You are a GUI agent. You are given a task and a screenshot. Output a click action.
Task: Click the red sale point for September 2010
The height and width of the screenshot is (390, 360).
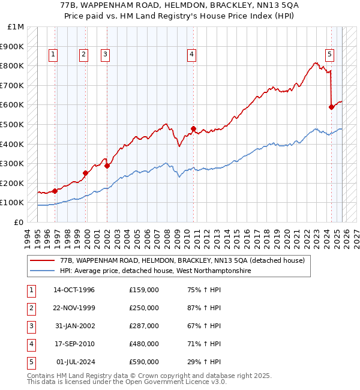click(194, 128)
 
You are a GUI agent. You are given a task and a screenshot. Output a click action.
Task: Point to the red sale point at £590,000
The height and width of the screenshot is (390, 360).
click(331, 107)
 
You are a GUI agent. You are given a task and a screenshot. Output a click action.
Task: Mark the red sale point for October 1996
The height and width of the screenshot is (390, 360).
click(55, 191)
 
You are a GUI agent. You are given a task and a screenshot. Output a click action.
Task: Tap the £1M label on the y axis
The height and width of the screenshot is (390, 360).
click(16, 27)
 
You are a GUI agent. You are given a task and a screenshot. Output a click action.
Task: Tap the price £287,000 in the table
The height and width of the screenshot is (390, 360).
click(143, 326)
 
